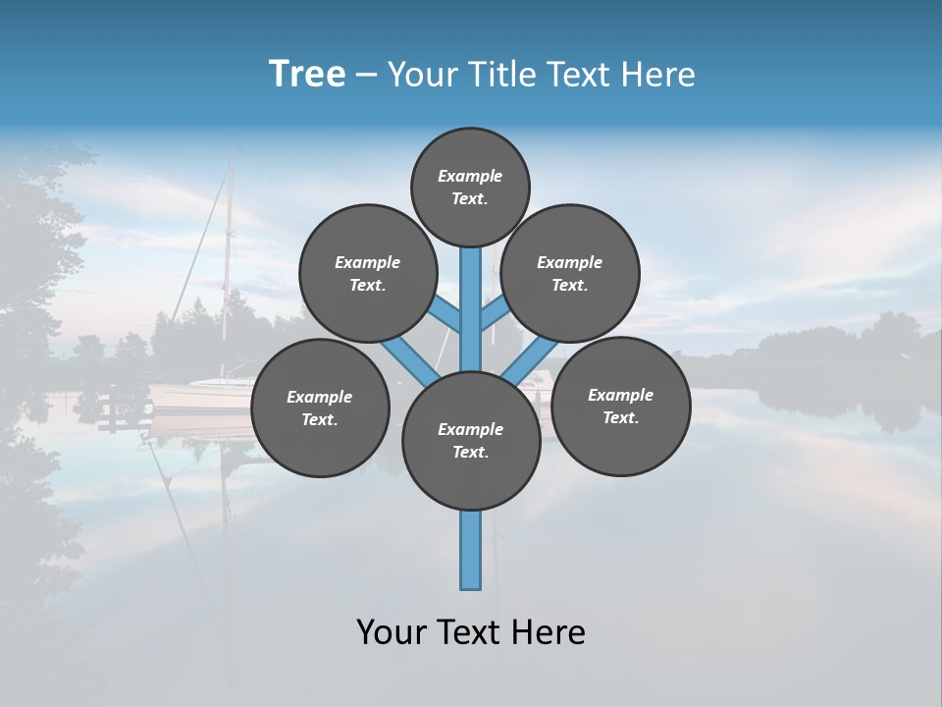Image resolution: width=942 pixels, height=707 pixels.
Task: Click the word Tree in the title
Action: click(x=307, y=75)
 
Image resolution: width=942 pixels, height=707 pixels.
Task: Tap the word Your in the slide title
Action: click(x=419, y=75)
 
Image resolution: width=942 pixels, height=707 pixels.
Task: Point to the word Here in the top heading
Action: click(x=659, y=75)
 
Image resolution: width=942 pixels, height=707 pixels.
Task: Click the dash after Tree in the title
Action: click(x=366, y=76)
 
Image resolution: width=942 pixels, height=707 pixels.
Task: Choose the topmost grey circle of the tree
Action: click(x=470, y=187)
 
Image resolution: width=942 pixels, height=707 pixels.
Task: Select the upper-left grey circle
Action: click(x=368, y=273)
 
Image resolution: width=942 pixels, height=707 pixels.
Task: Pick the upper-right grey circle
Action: click(x=570, y=273)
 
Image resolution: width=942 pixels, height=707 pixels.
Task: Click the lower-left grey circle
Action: click(x=320, y=408)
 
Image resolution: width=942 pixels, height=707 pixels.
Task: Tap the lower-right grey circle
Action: click(x=621, y=406)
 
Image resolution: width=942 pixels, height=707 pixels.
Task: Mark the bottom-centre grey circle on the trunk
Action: click(x=471, y=440)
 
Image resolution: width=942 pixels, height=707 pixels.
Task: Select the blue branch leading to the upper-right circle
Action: click(x=495, y=316)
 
